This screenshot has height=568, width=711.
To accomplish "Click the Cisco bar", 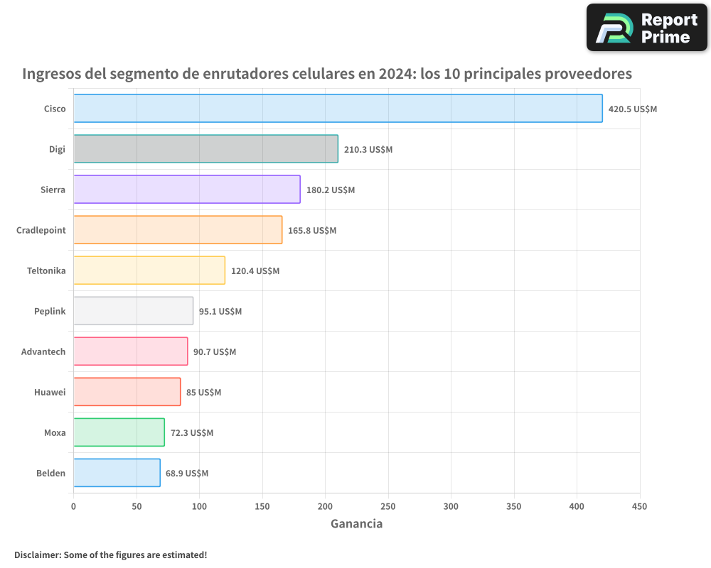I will (x=338, y=109).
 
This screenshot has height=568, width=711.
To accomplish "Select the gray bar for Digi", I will (x=205, y=149).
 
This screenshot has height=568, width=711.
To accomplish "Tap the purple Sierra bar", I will (x=186, y=190).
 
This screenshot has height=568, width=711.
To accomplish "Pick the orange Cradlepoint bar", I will (x=178, y=230).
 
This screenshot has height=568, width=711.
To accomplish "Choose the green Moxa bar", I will (x=119, y=432).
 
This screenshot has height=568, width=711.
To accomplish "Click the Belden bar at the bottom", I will (x=117, y=473).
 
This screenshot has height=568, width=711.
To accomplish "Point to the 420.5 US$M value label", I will (x=633, y=109).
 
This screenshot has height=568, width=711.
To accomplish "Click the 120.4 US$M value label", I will (x=255, y=271).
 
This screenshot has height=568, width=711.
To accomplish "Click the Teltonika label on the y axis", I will (x=46, y=271).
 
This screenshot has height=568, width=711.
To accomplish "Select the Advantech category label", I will (x=43, y=351).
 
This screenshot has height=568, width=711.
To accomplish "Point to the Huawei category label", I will (x=50, y=392).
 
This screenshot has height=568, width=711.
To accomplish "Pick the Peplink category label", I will (x=50, y=311).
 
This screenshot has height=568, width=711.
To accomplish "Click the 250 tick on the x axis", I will (x=388, y=506).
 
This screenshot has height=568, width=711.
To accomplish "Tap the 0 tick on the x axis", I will (x=73, y=506).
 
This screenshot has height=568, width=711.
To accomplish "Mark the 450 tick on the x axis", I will (x=640, y=506).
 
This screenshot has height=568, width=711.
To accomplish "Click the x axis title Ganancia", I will (x=356, y=524).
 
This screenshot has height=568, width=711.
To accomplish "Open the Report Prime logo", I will (x=646, y=28).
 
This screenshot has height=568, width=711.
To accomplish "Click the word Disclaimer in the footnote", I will (x=36, y=555).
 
